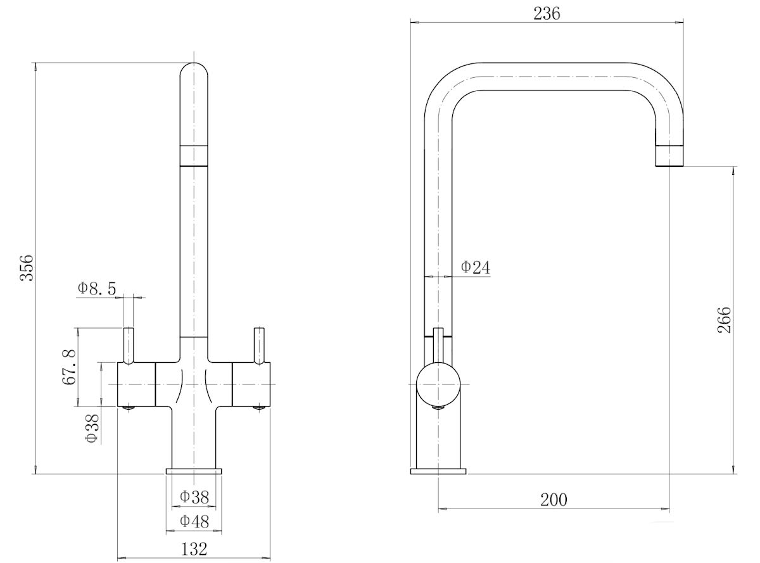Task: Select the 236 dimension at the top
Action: [547, 13]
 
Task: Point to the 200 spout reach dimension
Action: [554, 499]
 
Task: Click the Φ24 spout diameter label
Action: [475, 267]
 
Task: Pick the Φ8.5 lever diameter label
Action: [97, 289]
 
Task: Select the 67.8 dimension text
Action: [70, 367]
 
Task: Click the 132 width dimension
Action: [194, 548]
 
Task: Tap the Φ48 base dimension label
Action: [194, 521]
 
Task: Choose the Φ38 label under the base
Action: [194, 497]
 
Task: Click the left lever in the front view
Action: [129, 345]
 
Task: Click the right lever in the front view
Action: [258, 345]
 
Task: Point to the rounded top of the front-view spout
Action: [194, 71]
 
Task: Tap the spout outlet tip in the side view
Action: [669, 156]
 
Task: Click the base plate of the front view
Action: [194, 471]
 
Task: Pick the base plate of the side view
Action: [438, 471]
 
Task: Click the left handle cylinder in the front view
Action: [137, 384]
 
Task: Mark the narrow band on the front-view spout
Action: [194, 156]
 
